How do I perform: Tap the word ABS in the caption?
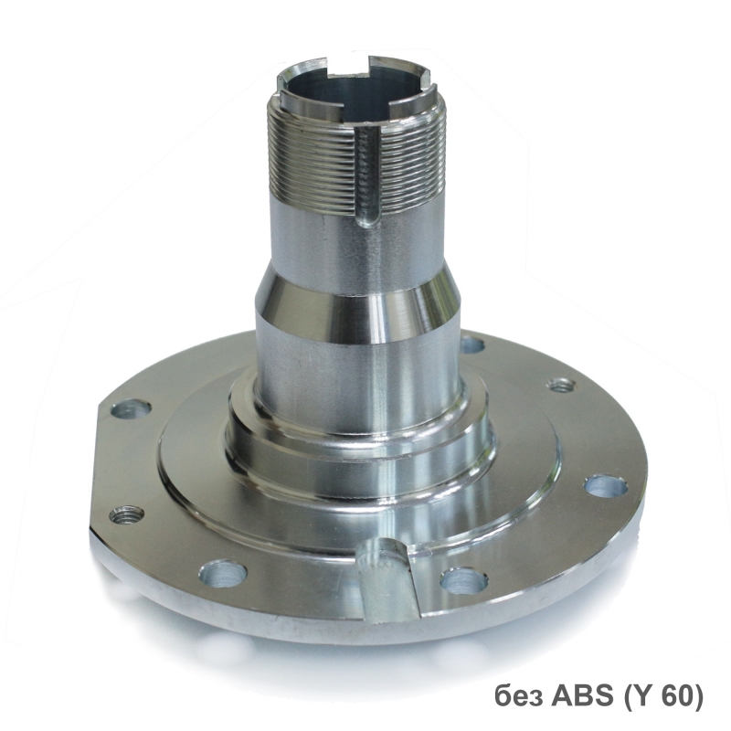[x=584, y=696]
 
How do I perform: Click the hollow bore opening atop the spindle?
[x=355, y=90]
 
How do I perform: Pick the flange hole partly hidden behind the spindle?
[x=471, y=345]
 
